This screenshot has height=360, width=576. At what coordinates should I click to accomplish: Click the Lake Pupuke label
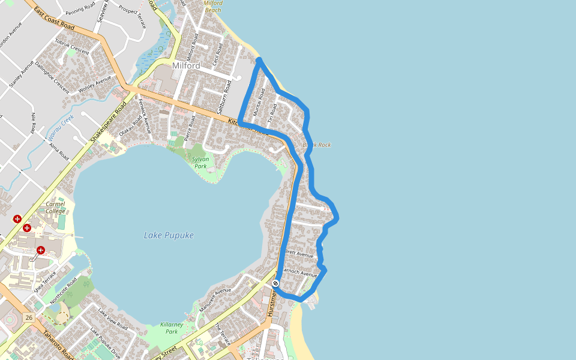click(169, 235)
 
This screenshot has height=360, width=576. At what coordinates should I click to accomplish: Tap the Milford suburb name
click(186, 65)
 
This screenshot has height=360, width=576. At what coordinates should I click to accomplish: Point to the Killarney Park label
click(172, 328)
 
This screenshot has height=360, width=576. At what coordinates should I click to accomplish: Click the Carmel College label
click(55, 208)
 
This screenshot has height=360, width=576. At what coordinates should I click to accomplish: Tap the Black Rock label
click(317, 145)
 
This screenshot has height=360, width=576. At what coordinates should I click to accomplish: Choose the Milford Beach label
click(213, 7)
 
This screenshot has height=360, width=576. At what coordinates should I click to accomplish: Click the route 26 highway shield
click(29, 317)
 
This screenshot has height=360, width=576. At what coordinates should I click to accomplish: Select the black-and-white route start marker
click(275, 283)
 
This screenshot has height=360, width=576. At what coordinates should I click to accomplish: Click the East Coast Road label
click(54, 19)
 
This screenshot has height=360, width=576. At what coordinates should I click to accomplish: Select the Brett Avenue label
click(299, 254)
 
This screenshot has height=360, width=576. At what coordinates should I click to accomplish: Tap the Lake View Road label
click(113, 319)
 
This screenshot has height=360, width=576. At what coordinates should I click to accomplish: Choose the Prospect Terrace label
click(132, 17)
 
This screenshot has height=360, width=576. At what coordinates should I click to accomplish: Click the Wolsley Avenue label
click(95, 85)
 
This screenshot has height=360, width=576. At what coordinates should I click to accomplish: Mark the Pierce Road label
click(190, 128)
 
